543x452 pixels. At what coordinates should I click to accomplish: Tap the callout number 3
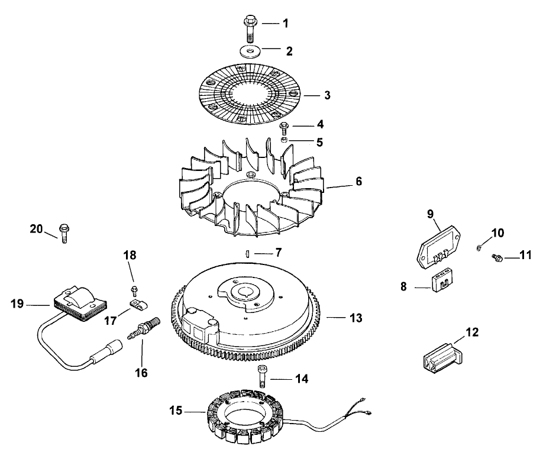pos(328,95)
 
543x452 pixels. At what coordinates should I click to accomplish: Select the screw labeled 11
pos(497,257)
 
